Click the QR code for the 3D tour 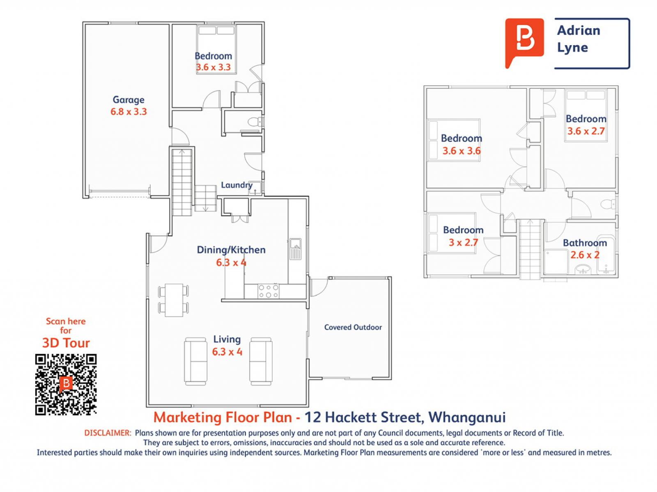tap(66, 385)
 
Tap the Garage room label tap(129, 100)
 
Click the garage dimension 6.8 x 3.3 tap(129, 112)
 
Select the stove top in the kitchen tap(268, 291)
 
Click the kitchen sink tap(296, 249)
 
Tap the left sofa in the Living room tap(195, 361)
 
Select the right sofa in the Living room tap(261, 361)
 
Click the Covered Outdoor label tap(353, 327)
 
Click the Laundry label tap(237, 185)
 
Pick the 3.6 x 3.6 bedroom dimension tap(462, 151)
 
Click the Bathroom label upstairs tap(585, 243)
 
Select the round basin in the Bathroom tap(582, 269)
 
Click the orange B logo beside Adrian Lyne tap(524, 41)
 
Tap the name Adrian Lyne tap(579, 39)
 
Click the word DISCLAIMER tap(108, 433)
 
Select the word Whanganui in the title tap(467, 417)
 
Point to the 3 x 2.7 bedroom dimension tap(463, 242)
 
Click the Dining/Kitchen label tap(231, 250)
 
